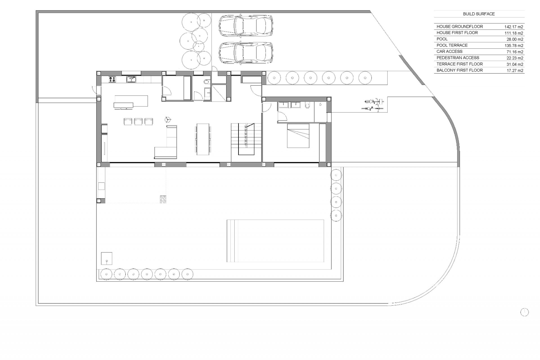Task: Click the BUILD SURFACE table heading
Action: (x=479, y=14)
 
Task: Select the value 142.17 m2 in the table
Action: (x=514, y=27)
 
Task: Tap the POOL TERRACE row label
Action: (x=452, y=45)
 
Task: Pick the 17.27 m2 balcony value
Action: (x=515, y=71)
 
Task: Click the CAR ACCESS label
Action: (x=449, y=51)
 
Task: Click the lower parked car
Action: (x=246, y=53)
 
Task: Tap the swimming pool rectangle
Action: (x=275, y=241)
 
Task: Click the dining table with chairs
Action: (x=203, y=139)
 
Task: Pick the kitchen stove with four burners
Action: (x=112, y=79)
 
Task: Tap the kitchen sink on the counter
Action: (x=131, y=80)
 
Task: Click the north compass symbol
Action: (x=524, y=312)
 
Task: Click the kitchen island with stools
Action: (x=131, y=101)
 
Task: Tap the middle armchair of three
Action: (x=138, y=121)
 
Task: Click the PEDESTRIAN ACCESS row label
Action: (x=458, y=58)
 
